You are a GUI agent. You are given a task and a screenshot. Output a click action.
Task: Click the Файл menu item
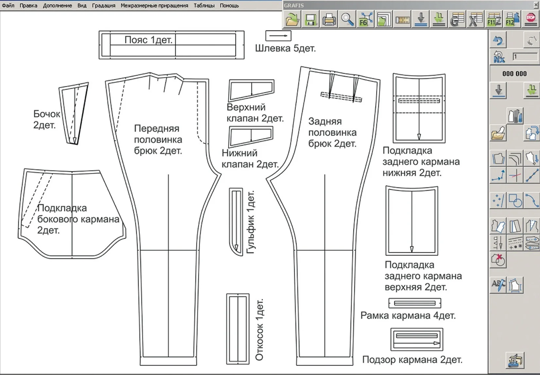point(8,5)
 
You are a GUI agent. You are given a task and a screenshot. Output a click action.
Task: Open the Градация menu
point(104,6)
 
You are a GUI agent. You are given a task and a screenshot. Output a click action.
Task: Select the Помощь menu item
point(229,6)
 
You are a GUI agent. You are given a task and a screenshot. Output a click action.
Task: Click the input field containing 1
point(525,57)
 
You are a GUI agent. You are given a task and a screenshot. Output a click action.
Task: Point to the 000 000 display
point(514,74)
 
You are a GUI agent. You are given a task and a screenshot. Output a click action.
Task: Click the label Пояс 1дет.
point(148,40)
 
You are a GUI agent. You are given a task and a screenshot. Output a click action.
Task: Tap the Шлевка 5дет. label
point(286,48)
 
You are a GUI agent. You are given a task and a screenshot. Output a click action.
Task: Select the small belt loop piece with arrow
point(278,36)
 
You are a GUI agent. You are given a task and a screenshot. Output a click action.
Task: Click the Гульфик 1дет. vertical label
point(251,222)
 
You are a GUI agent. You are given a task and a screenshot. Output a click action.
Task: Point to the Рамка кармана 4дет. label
point(408,315)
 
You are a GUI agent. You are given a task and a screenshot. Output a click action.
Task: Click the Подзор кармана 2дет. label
point(412,360)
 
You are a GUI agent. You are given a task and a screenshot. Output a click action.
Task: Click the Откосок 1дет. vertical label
point(259,330)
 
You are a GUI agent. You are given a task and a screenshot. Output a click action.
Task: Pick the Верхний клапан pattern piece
point(252,90)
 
